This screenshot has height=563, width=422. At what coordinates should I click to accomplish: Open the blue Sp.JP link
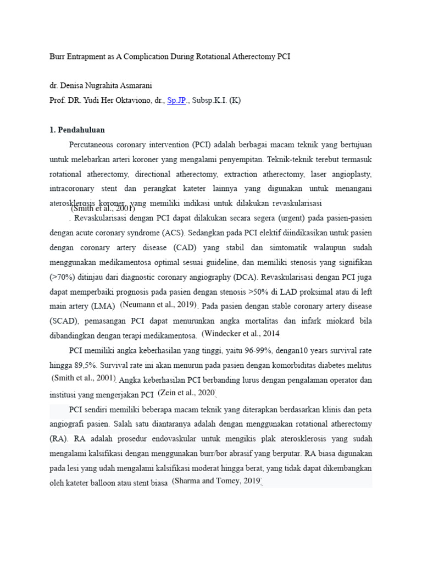click(176, 101)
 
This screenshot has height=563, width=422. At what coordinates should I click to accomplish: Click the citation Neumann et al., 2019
click(158, 305)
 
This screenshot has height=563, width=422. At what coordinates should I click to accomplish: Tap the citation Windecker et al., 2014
click(241, 334)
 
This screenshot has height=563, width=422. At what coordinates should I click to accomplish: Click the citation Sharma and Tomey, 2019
click(216, 481)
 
